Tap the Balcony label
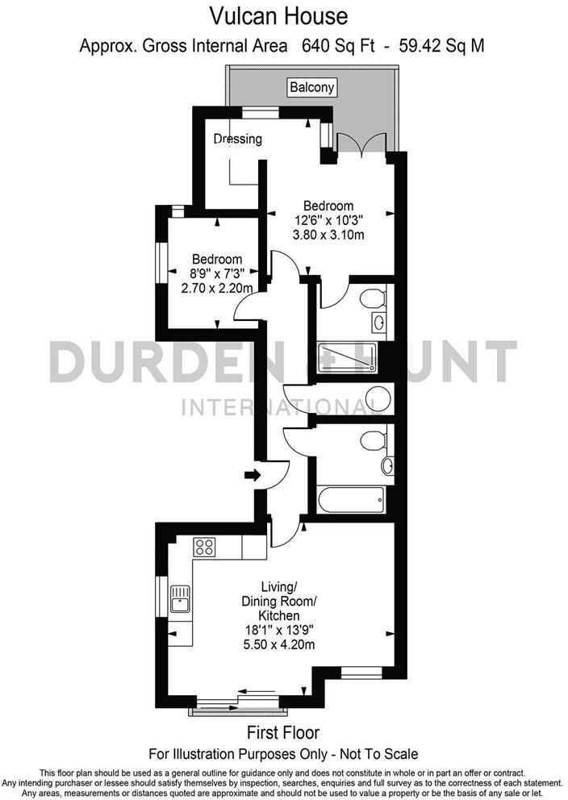311,87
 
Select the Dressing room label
237,139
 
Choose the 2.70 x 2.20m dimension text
215,288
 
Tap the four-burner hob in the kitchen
205,548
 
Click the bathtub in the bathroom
350,498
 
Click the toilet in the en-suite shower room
371,300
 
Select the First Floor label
282,733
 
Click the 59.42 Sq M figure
445,45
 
